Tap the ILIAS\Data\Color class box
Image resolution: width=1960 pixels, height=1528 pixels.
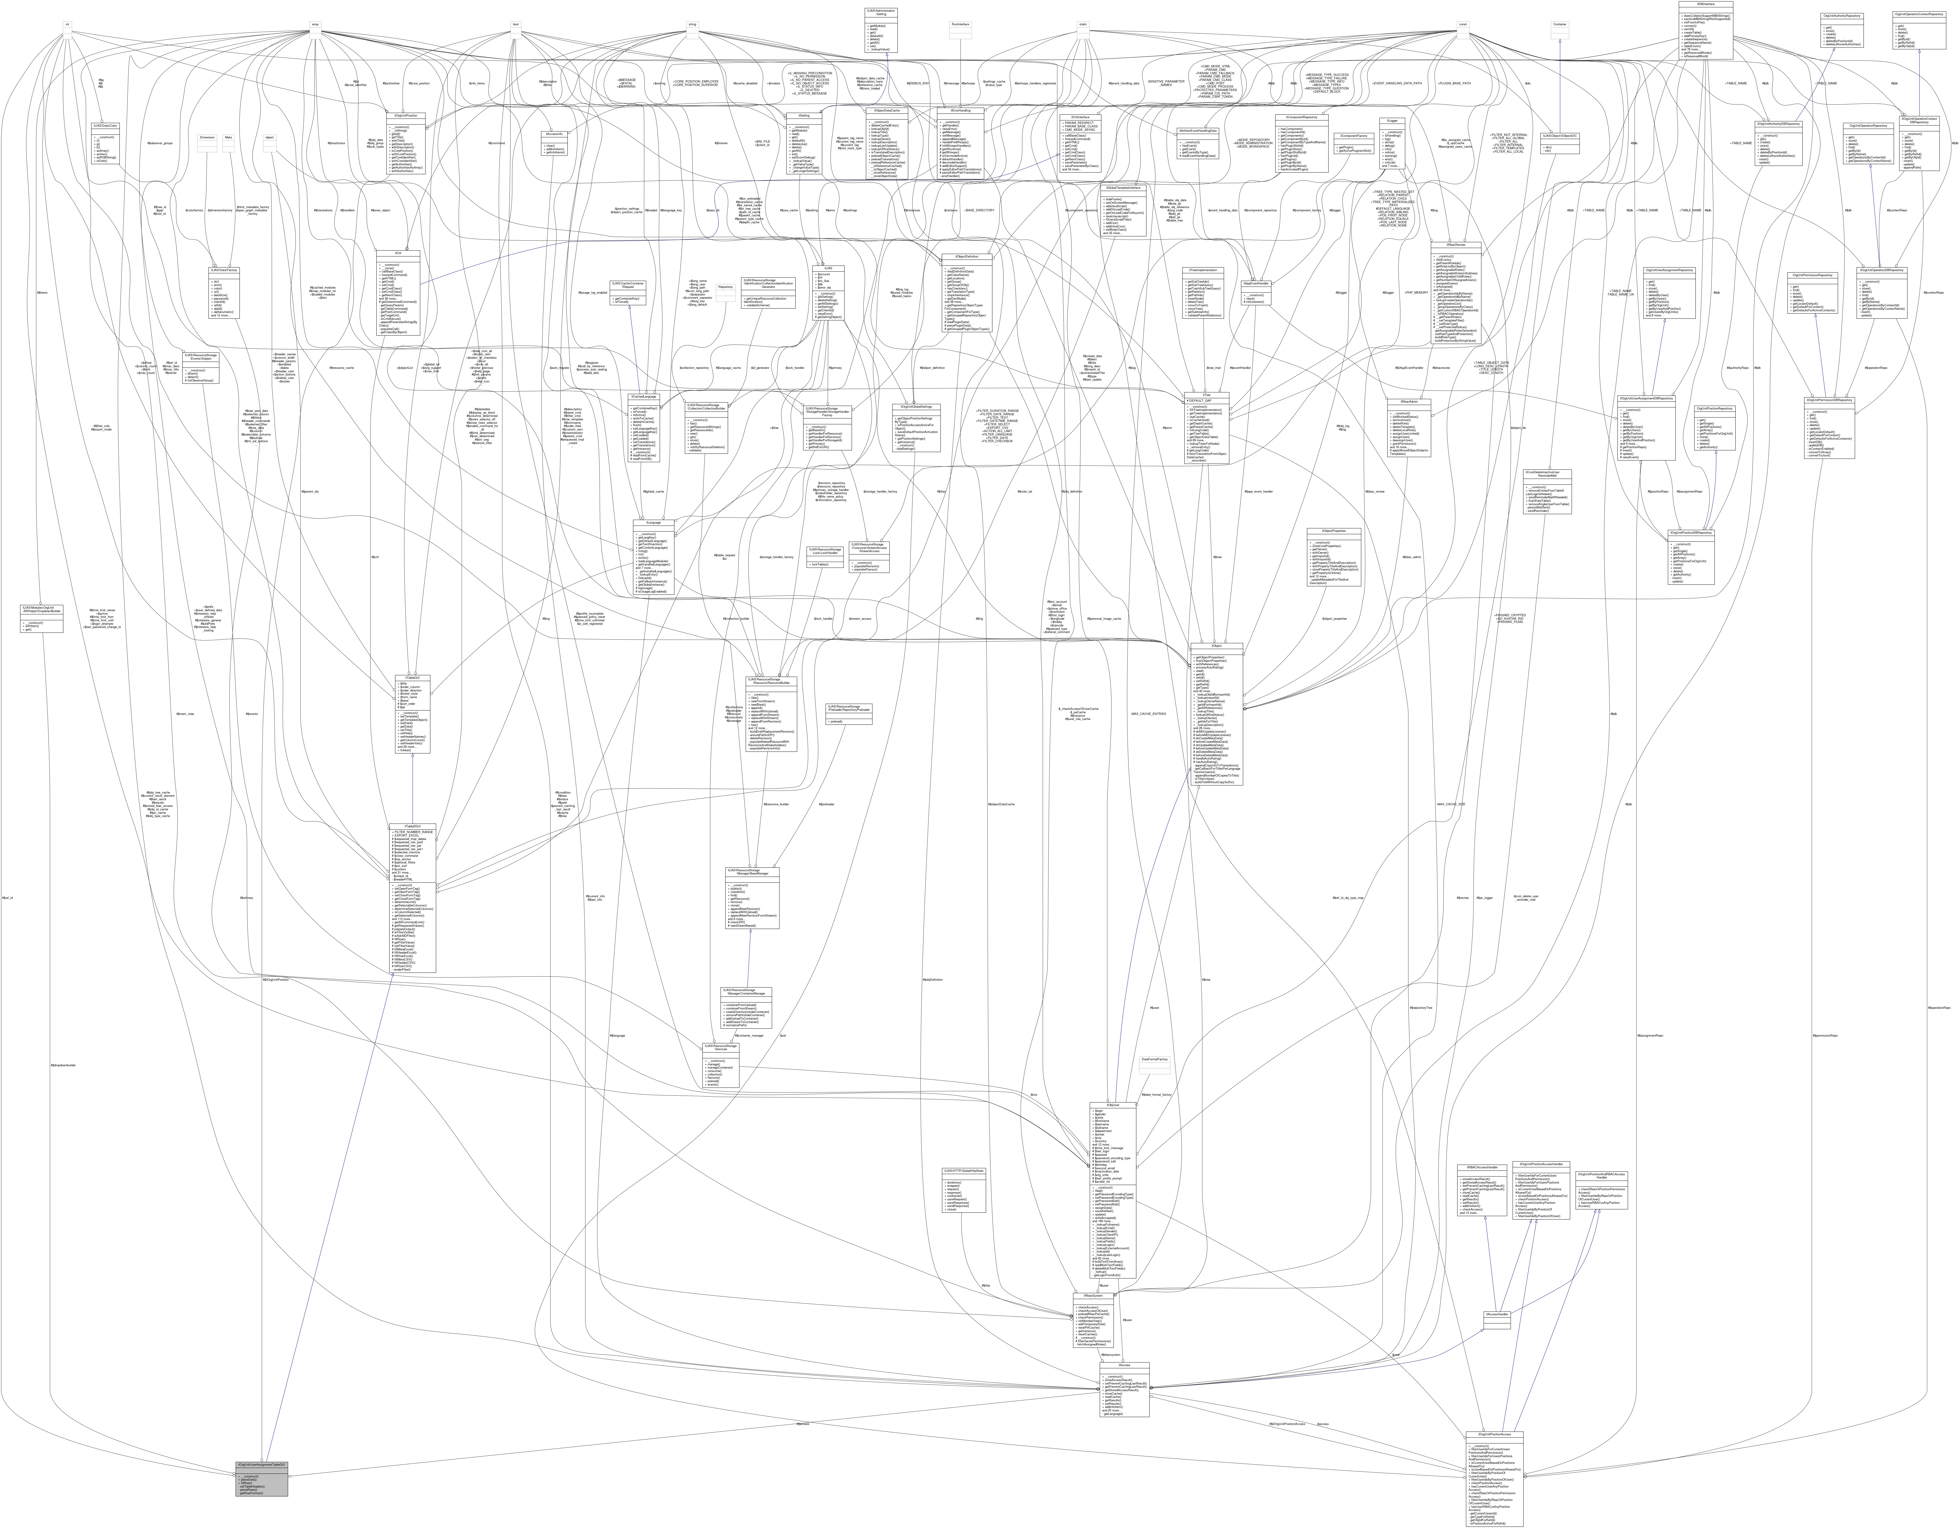pos(106,126)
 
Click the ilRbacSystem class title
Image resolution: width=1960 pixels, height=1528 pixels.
pos(1093,1296)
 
